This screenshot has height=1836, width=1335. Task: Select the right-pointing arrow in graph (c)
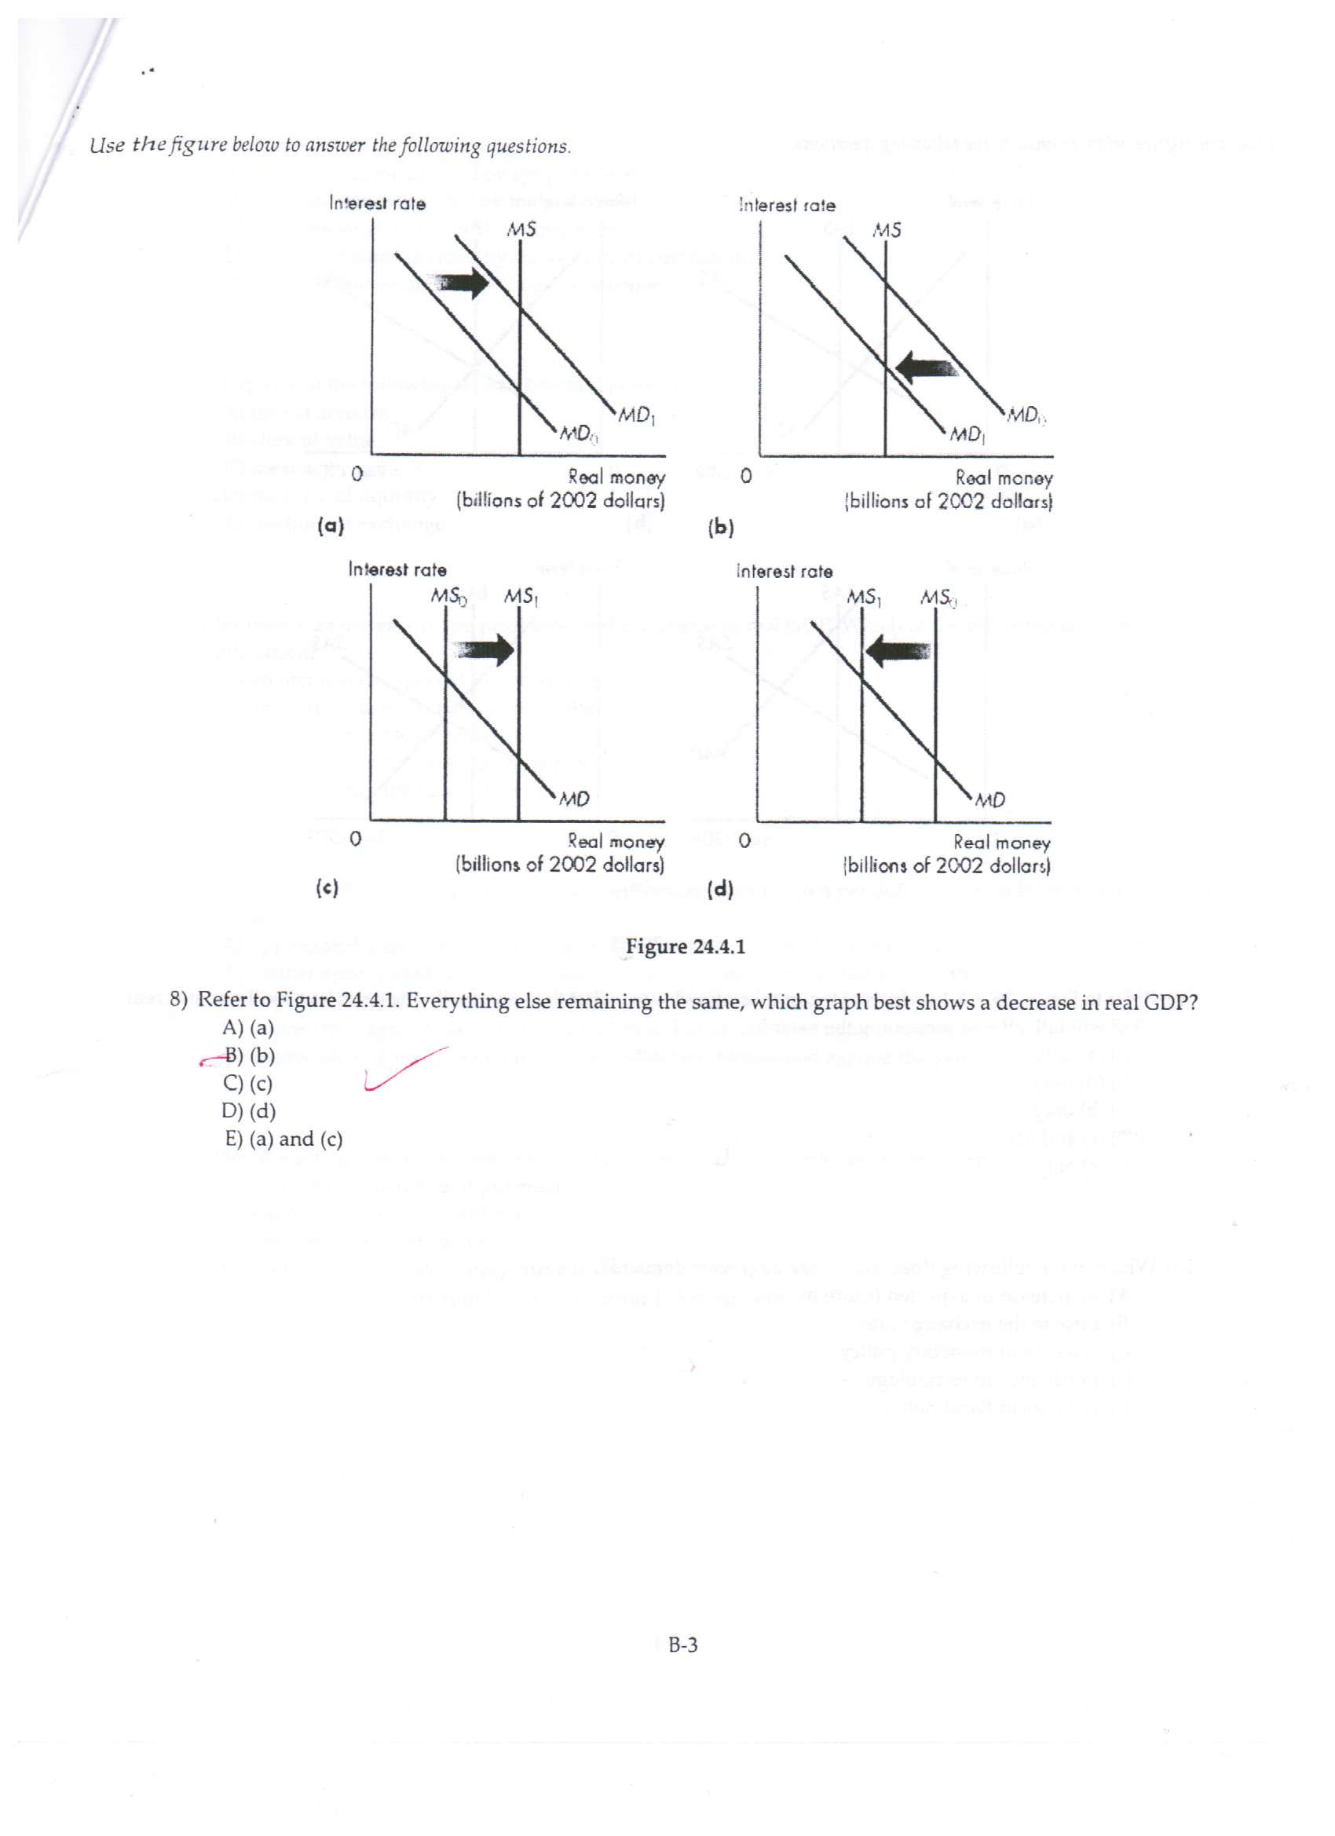coord(484,649)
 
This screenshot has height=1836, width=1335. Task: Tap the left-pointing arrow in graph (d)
coord(898,650)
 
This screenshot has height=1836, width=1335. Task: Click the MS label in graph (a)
coord(521,230)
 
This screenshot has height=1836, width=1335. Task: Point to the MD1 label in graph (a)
coord(636,416)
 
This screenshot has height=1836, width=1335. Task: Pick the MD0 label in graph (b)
coord(1025,416)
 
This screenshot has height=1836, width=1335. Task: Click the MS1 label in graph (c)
coord(521,598)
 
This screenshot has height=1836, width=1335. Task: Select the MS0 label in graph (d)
coord(938,598)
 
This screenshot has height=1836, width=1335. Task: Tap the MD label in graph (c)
coord(574,799)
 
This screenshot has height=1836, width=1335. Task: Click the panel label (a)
coord(331,526)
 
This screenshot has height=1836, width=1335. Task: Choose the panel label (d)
coord(719,890)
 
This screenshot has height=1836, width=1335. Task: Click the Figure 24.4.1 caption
coord(685,946)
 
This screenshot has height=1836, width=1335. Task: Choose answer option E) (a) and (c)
coord(283,1139)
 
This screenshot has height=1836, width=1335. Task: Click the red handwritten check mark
coord(402,1070)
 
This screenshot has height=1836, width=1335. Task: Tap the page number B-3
coord(682,1645)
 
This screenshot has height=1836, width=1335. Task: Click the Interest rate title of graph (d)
coord(784,572)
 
